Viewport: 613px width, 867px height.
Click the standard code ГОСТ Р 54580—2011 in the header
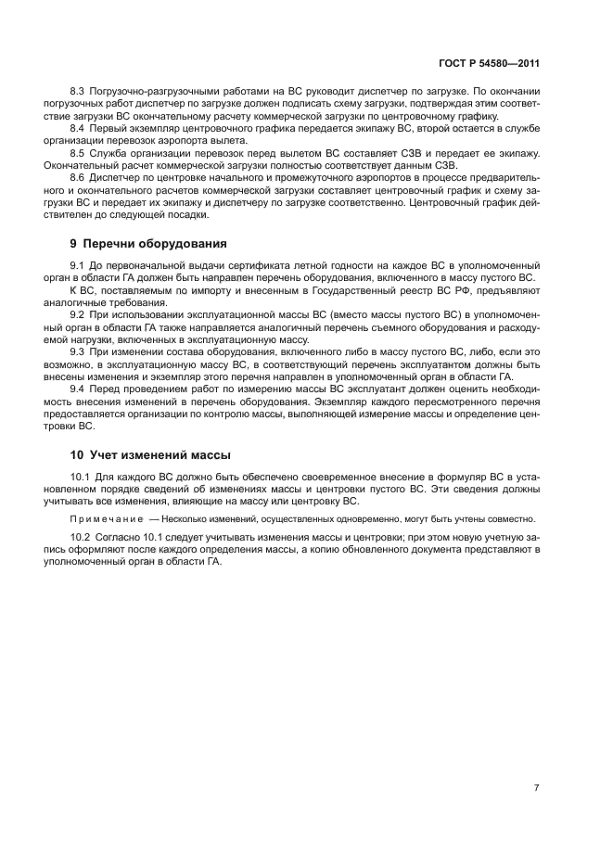[x=489, y=64]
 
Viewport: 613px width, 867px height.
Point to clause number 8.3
[x=78, y=93]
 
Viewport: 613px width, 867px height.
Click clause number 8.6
[x=78, y=176]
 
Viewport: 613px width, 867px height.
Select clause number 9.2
[x=78, y=315]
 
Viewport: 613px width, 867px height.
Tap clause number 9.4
[x=78, y=389]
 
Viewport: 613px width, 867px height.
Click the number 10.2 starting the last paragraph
[x=80, y=538]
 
